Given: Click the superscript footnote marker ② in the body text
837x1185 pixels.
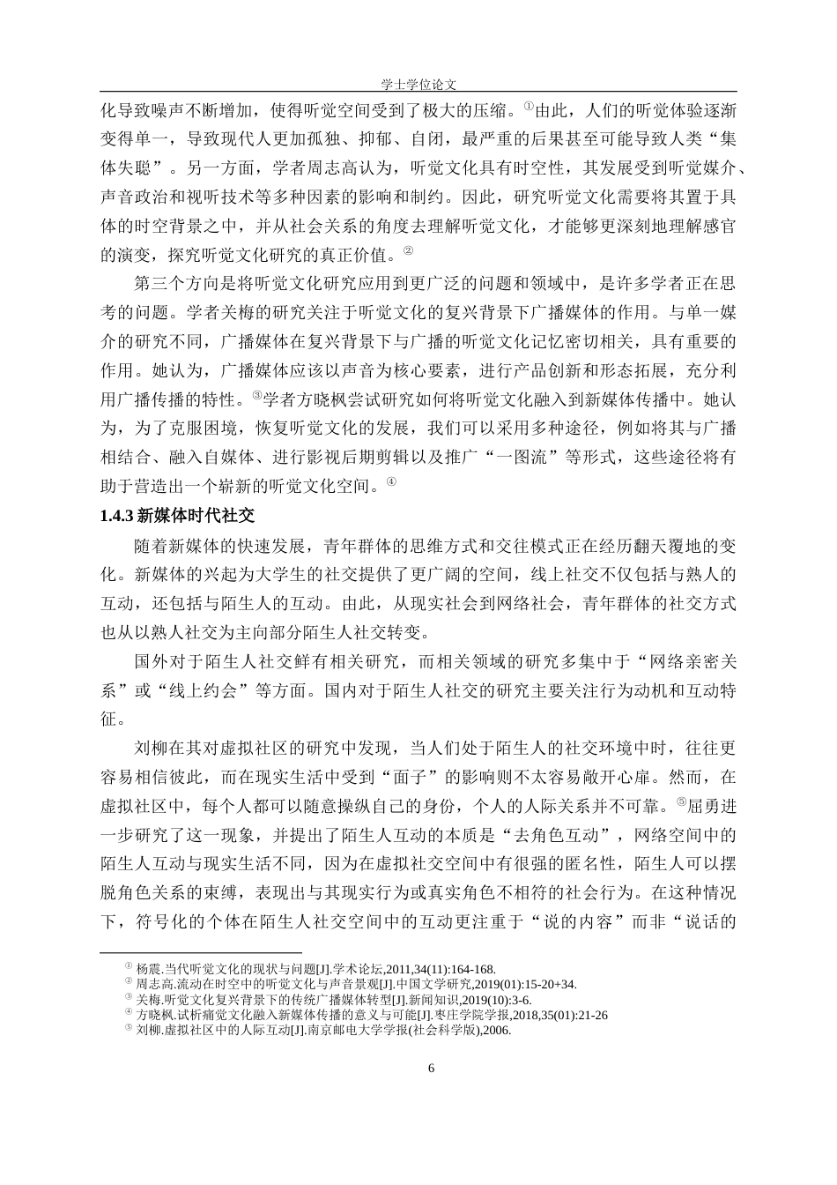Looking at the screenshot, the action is click(x=408, y=252).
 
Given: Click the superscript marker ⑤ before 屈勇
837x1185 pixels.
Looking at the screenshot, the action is click(x=680, y=801).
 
